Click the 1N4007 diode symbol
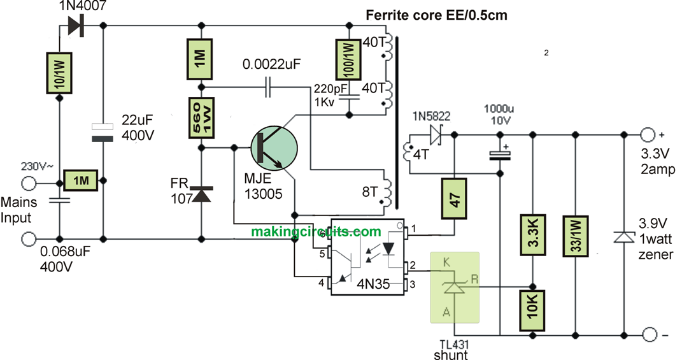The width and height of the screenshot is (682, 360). click(x=75, y=25)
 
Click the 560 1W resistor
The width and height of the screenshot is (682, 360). click(x=202, y=117)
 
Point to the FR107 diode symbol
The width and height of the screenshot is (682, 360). click(x=202, y=195)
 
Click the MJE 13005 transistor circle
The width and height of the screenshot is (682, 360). click(x=274, y=147)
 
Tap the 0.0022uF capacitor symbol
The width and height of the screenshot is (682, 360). click(x=268, y=87)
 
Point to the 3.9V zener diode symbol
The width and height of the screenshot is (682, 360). click(x=622, y=236)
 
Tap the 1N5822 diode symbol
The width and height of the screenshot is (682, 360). click(x=437, y=134)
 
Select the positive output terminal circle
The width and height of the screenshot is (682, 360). click(x=648, y=134)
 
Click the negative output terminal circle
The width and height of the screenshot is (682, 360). click(x=648, y=335)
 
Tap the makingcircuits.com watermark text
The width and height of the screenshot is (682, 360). click(x=316, y=232)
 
